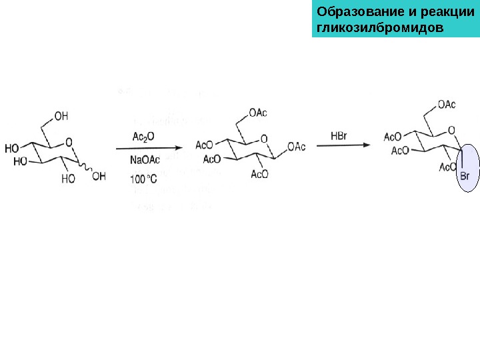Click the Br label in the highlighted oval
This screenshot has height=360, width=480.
(x=465, y=177)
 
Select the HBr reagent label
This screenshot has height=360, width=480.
(x=339, y=136)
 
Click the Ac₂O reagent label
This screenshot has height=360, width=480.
(x=143, y=137)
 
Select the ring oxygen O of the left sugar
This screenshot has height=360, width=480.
(x=69, y=141)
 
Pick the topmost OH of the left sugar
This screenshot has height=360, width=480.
(x=61, y=116)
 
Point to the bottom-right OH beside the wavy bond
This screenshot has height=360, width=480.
(x=99, y=177)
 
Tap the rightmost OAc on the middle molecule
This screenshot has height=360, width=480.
(x=296, y=146)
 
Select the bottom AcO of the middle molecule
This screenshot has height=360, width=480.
(x=259, y=174)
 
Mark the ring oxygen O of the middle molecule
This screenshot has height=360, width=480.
(x=264, y=139)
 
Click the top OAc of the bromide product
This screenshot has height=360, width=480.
(x=447, y=104)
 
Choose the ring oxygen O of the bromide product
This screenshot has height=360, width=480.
(x=452, y=130)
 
